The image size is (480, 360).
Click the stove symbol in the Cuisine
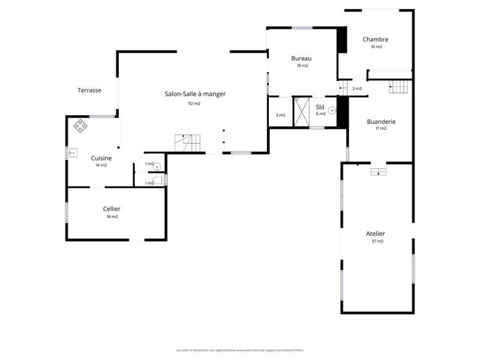[80, 126]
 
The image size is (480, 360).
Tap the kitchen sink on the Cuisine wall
[72, 153]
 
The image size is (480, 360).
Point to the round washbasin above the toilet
[157, 167]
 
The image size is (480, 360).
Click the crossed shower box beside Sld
[301, 112]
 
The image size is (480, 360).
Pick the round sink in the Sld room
[331, 110]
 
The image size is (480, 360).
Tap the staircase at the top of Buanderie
[398, 88]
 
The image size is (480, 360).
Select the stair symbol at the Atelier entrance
[379, 172]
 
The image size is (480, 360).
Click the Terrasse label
[89, 91]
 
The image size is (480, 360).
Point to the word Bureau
[301, 58]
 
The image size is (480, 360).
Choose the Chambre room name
[376, 40]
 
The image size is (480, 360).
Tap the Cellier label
[112, 209]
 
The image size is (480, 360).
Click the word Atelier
[376, 233]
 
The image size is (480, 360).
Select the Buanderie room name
[381, 121]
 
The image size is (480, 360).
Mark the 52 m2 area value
[194, 104]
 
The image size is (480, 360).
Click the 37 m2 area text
[377, 241]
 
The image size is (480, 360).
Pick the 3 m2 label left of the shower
[280, 115]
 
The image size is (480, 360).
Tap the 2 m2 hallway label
[357, 89]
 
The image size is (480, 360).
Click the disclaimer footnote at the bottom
[239, 350]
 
